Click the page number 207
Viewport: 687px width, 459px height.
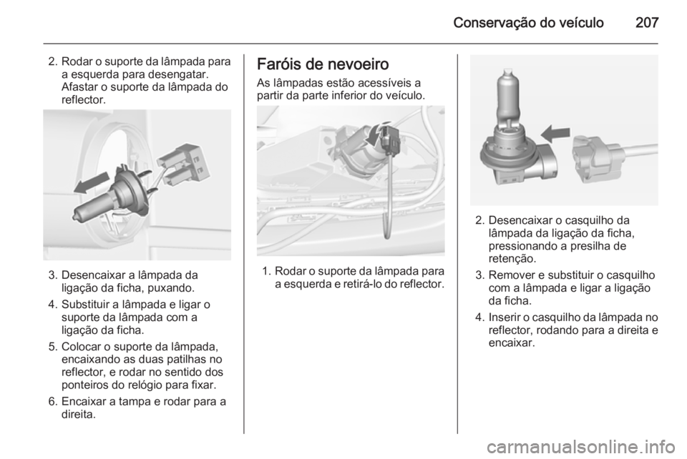click(x=647, y=22)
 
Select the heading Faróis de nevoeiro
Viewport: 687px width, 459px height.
click(x=323, y=64)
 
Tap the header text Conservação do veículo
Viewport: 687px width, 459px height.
click(x=528, y=23)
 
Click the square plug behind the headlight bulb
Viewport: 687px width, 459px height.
click(x=183, y=164)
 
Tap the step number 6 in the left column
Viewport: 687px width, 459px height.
click(x=52, y=402)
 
